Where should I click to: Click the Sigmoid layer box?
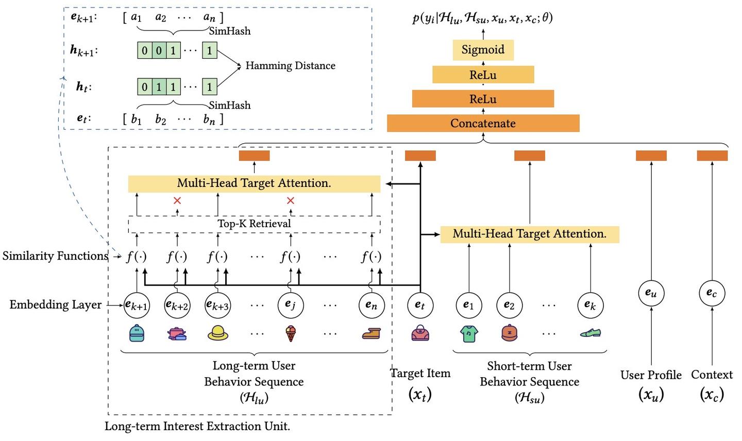click(483, 50)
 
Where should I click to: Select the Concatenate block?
click(483, 124)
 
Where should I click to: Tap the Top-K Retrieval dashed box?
click(254, 224)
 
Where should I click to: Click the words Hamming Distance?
click(290, 66)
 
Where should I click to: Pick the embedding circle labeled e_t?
click(420, 305)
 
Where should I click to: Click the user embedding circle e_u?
click(651, 293)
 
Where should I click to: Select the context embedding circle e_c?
click(712, 293)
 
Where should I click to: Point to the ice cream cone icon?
click(291, 334)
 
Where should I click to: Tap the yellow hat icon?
click(217, 334)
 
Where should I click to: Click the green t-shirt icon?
click(468, 334)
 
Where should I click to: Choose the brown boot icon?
click(371, 334)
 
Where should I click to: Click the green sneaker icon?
click(590, 333)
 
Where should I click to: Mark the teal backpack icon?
click(137, 333)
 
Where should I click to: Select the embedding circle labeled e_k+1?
click(137, 305)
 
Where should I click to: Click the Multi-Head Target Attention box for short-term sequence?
click(529, 234)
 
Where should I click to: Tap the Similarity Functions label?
click(55, 256)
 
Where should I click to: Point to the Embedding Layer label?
click(56, 305)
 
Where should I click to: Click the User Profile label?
click(651, 375)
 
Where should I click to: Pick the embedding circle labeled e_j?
click(291, 305)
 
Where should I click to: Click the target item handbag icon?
click(420, 334)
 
